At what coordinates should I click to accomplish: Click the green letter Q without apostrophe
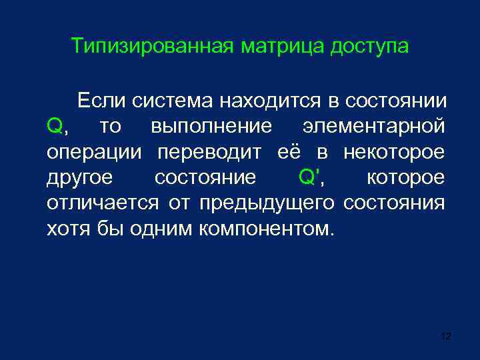click(x=55, y=126)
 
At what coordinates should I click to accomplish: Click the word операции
click(x=95, y=152)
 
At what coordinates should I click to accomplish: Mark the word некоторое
click(x=393, y=152)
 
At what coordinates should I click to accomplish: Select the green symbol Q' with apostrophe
click(x=308, y=177)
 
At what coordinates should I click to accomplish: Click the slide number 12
click(x=446, y=336)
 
